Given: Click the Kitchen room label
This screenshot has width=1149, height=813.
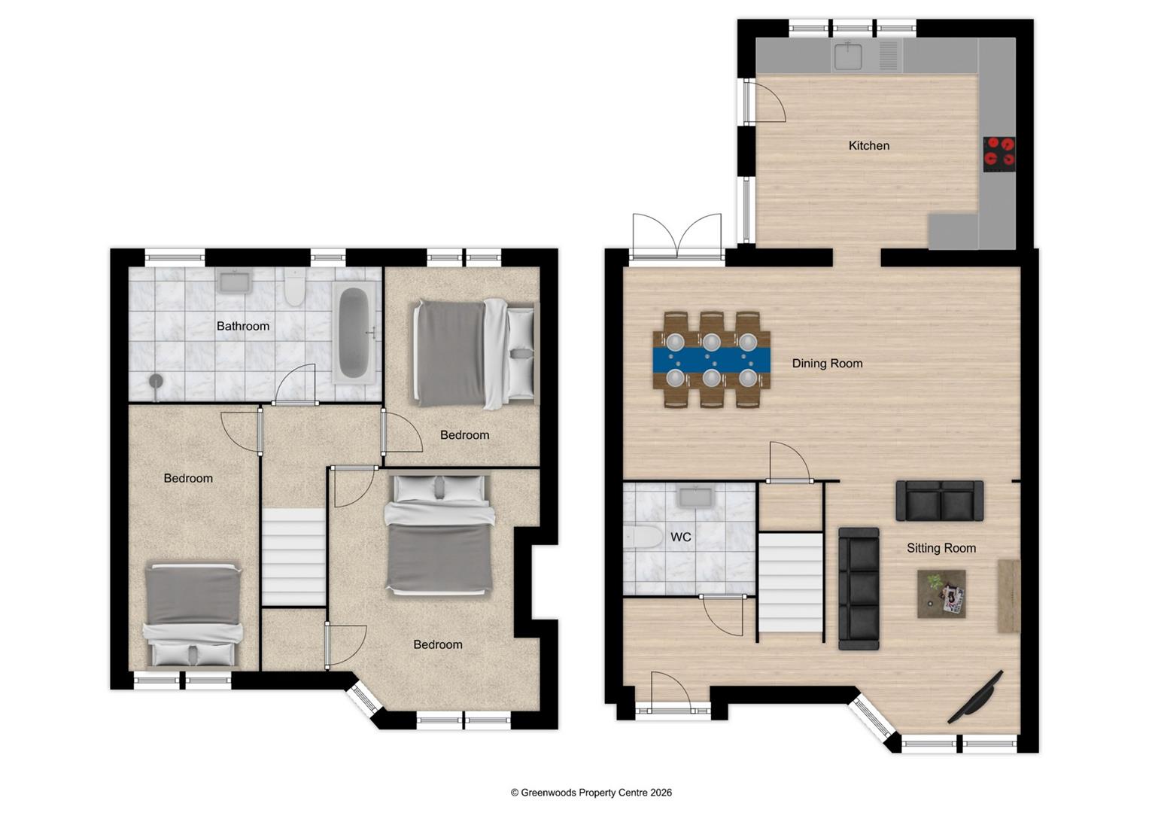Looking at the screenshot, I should [868, 145].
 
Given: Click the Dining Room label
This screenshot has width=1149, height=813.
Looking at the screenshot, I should [827, 363].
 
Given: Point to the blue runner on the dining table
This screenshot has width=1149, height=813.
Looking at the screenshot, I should [712, 360].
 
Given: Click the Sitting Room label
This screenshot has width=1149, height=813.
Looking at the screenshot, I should [941, 548].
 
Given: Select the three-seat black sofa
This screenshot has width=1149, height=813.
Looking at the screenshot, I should [859, 588].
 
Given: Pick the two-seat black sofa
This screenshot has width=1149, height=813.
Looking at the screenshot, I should [939, 501].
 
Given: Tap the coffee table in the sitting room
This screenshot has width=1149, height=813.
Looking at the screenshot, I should [941, 594].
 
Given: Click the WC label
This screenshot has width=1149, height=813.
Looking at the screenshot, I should [680, 537].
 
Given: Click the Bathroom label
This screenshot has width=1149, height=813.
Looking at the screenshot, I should [242, 326].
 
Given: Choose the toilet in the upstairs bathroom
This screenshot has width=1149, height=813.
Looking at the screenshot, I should [293, 288].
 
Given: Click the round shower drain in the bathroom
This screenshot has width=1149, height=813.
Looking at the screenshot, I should [156, 381].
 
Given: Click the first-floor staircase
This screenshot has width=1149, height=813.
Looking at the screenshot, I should [293, 556].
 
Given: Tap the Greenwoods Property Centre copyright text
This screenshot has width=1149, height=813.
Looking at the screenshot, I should [591, 792].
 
